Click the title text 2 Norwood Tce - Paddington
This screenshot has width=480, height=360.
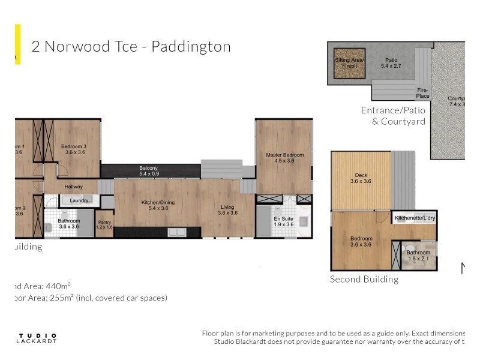point(131,47)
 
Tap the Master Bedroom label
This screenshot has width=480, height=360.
point(284,158)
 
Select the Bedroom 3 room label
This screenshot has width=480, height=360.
point(74,149)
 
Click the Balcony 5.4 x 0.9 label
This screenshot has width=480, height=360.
point(148,170)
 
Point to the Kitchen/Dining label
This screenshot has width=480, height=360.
point(157,205)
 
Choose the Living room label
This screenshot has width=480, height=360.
point(227,209)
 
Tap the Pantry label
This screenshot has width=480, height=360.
point(104,224)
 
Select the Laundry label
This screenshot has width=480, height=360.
point(79,200)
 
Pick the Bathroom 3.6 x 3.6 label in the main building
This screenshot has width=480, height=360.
point(69,223)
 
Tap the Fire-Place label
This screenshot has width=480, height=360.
point(423,93)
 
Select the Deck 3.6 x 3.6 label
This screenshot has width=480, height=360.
point(361,178)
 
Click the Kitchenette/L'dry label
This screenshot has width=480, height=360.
point(415,218)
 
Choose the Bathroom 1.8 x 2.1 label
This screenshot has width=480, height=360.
point(418,256)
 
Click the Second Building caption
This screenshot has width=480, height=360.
point(364,279)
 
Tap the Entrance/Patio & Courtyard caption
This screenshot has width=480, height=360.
point(393,116)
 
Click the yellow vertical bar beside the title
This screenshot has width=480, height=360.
point(17,44)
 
